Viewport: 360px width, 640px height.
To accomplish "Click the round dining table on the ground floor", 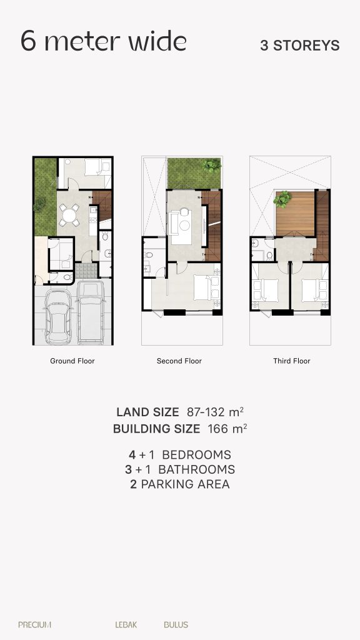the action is click(x=70, y=215).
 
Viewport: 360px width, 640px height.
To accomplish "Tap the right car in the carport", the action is click(x=90, y=312).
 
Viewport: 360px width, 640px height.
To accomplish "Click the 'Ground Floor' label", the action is click(x=72, y=361).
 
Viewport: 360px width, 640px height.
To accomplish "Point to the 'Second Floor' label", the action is click(x=179, y=361).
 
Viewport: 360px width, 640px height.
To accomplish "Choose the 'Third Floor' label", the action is click(x=292, y=361).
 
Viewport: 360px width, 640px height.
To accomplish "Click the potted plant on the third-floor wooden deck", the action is click(x=282, y=199).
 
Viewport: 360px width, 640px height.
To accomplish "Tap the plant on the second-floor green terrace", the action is click(x=212, y=164).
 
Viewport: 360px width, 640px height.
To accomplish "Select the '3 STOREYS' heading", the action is click(x=300, y=46).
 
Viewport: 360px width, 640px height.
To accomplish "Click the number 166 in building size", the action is click(x=216, y=429).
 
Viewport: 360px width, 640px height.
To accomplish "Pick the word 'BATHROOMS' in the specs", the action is click(x=196, y=469).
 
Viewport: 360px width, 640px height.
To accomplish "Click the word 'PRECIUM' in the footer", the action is click(x=35, y=624).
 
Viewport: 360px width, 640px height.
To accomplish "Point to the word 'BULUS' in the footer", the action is click(x=176, y=624).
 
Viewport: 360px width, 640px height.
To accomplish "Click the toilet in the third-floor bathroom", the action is click(x=269, y=256).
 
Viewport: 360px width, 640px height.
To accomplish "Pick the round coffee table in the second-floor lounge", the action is click(x=185, y=225).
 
